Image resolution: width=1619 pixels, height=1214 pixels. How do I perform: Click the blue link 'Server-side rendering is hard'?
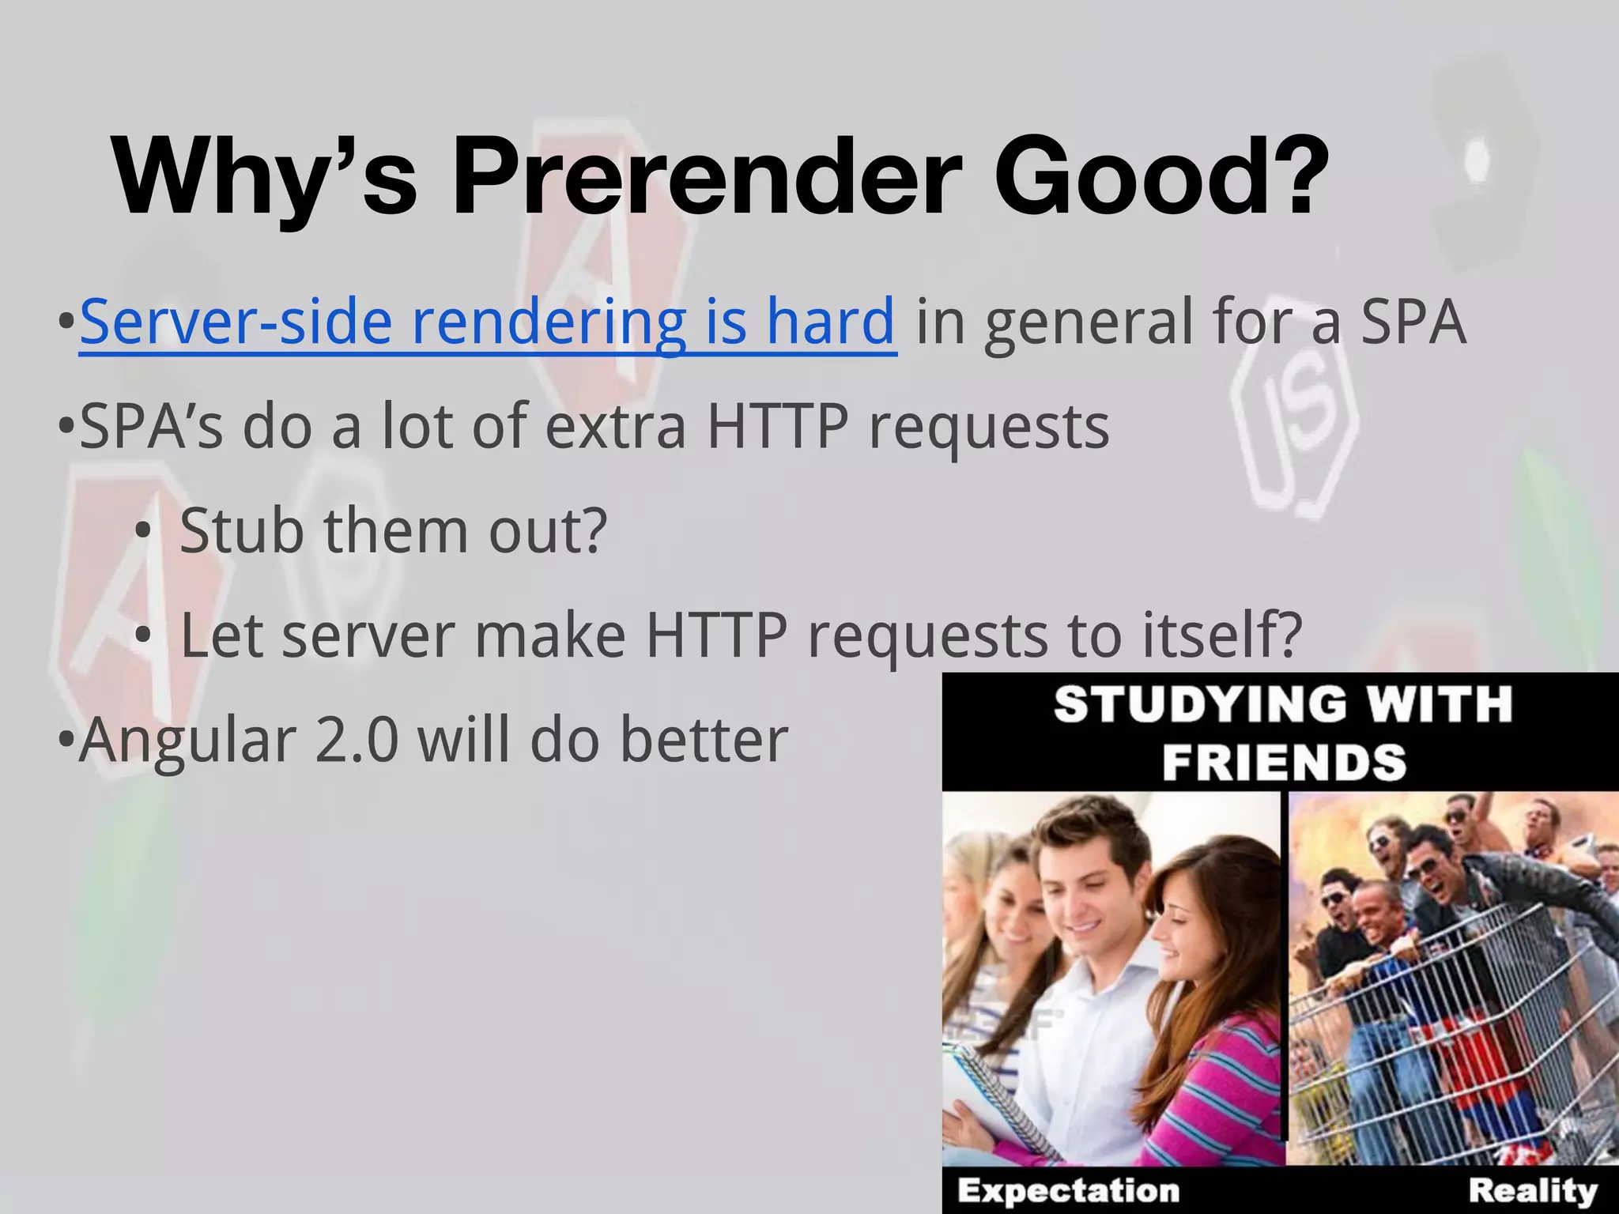[488, 322]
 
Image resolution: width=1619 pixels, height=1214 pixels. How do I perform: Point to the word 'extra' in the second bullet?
[615, 427]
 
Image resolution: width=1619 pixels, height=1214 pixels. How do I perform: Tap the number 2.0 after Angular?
[356, 740]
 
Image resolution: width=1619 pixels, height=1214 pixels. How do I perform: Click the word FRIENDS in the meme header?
[1285, 762]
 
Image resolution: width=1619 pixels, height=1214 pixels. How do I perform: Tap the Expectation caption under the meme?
[1069, 1190]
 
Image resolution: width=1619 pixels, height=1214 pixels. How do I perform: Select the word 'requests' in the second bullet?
[989, 427]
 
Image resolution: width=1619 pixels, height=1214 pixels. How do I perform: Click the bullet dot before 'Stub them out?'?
[142, 532]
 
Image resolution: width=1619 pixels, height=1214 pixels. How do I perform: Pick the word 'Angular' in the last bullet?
[187, 741]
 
